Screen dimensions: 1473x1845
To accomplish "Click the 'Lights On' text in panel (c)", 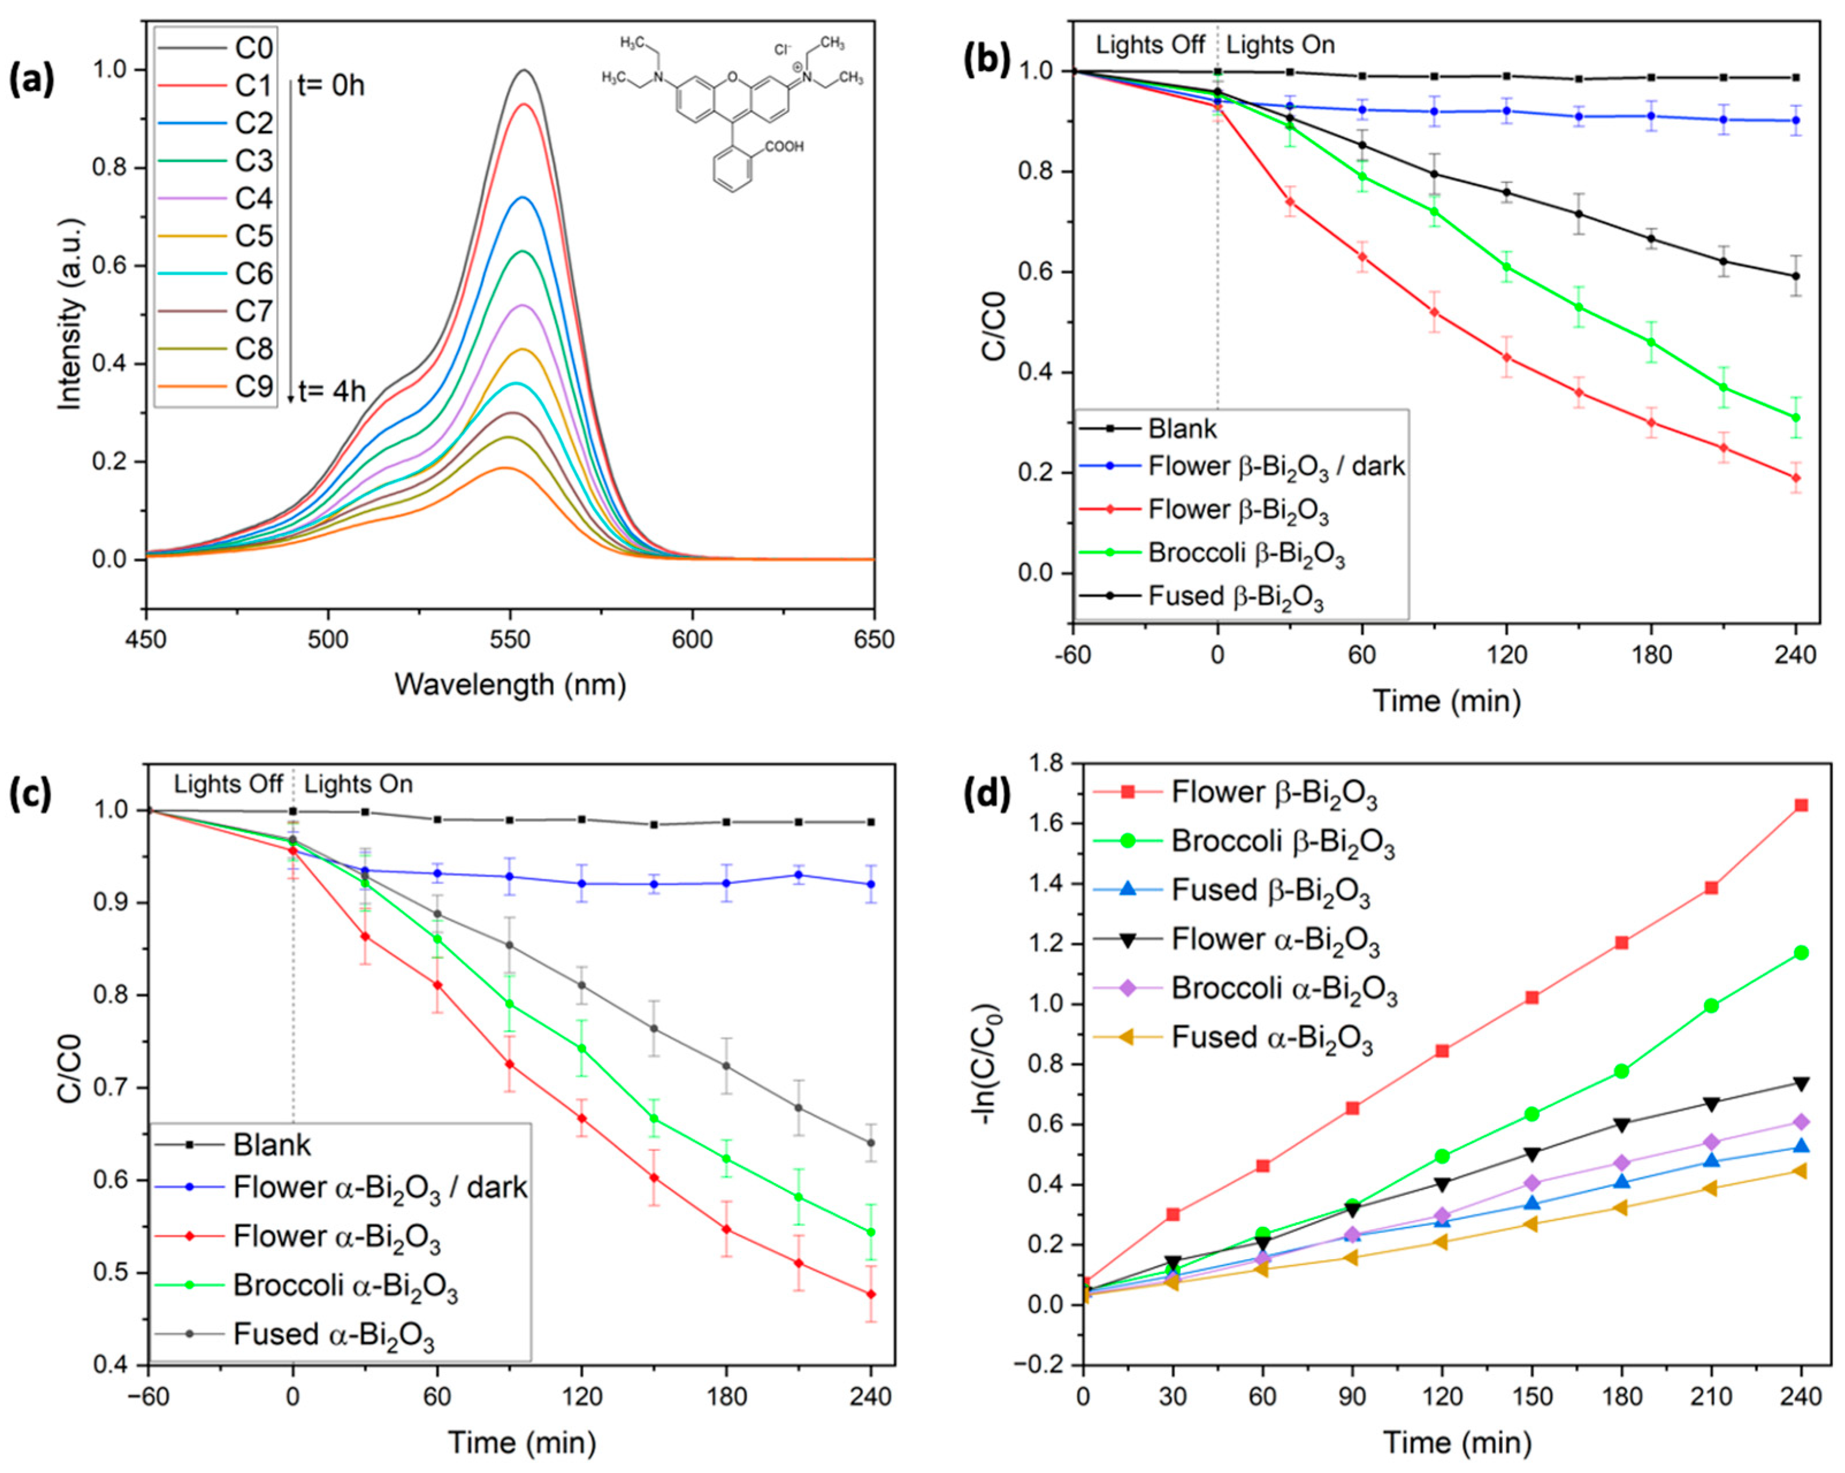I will click(x=358, y=784).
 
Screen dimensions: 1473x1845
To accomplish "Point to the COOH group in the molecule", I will click(x=784, y=147).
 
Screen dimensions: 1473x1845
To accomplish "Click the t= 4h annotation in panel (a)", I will click(x=331, y=392).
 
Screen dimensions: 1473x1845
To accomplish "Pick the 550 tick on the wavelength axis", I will click(x=510, y=640).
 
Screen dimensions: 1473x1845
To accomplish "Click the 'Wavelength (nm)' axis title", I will click(x=510, y=684).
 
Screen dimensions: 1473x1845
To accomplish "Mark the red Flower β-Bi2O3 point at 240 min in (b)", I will click(x=1796, y=478).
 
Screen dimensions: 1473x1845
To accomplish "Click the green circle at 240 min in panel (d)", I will click(x=1801, y=953).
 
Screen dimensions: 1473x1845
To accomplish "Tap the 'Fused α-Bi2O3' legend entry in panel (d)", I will click(x=1272, y=1038).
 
